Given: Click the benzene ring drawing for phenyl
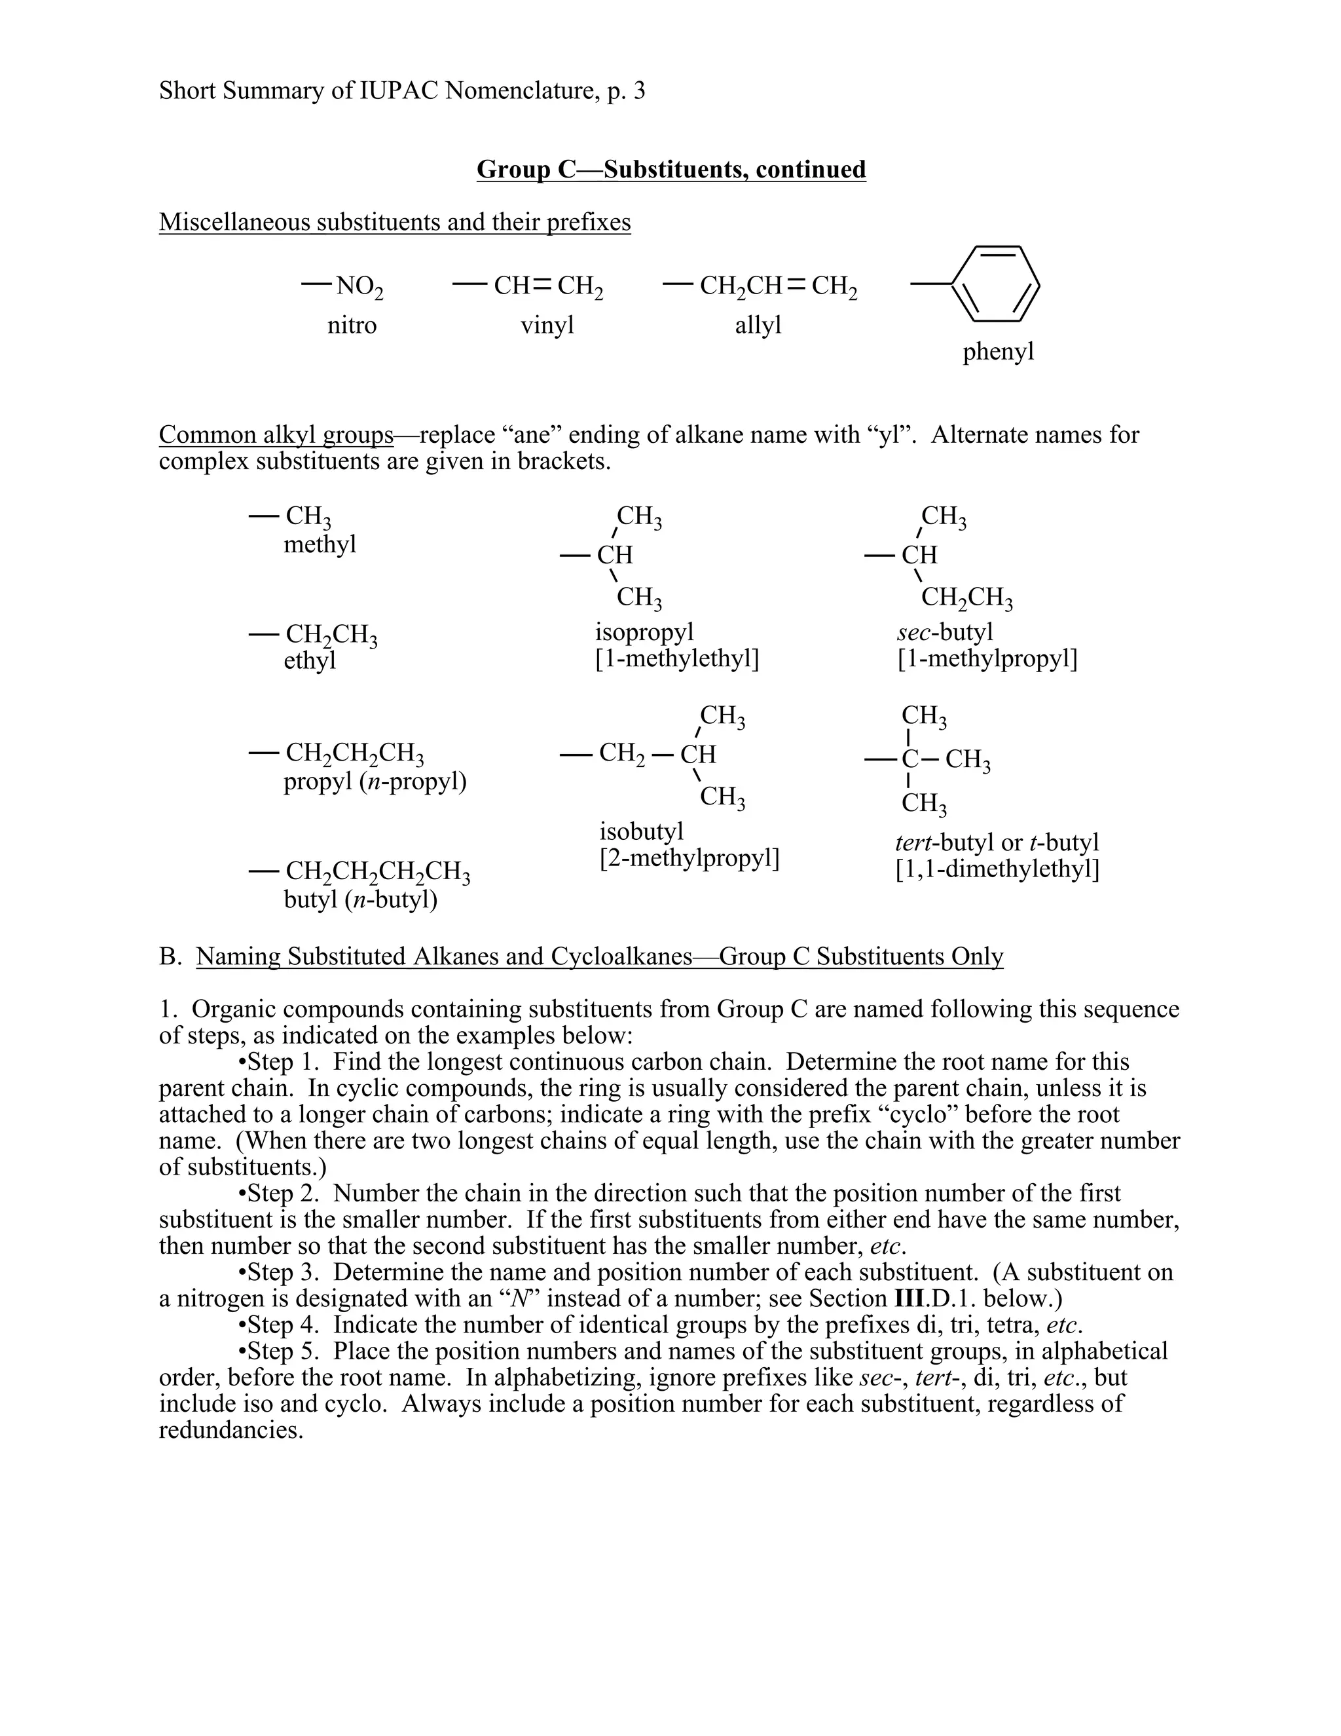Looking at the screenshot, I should coord(995,284).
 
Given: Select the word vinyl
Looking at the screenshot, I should coord(547,325).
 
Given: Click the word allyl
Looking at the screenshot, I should coord(758,325).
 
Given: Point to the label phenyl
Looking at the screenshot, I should coord(998,351).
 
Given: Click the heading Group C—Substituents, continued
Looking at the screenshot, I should coord(670,169).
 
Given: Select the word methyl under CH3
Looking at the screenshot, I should coord(320,544).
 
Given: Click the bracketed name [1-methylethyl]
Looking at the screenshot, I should coord(677,659).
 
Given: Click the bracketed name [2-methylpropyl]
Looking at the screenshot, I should coord(689,858).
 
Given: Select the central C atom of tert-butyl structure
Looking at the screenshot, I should coord(909,759).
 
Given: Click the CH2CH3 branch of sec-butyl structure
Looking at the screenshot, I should coord(966,597).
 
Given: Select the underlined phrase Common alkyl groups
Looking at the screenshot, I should coord(276,435).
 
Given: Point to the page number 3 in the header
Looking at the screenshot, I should coord(640,90).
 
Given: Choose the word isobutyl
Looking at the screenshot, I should coord(640,832).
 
